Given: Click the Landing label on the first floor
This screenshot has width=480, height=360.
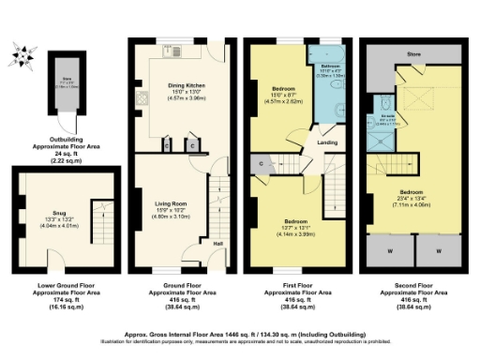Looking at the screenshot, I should tap(328, 142).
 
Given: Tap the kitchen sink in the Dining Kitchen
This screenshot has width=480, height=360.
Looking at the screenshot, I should tap(174, 52).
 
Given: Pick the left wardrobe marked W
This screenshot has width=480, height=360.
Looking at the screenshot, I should tap(389, 250).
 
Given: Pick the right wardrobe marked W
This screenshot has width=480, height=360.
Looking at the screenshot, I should tap(441, 250).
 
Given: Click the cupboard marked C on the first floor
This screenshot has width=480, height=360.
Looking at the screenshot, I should tap(259, 164).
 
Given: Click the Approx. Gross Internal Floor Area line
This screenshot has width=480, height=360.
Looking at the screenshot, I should tap(240, 333).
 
